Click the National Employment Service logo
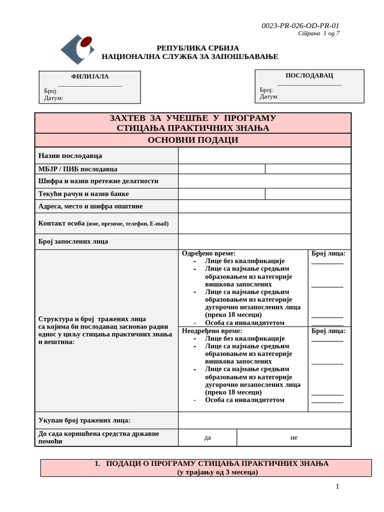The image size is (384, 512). pos(77,49)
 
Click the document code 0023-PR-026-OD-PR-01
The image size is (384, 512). pos(300,26)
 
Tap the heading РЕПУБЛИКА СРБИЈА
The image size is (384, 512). pos(197,48)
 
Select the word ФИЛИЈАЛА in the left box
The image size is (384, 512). pos(90,76)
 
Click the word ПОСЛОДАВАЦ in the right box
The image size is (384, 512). pos(309,75)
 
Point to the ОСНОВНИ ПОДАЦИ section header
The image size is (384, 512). pos(192,140)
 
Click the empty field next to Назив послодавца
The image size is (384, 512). pos(264,155)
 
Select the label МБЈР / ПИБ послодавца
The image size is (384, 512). pos(78,169)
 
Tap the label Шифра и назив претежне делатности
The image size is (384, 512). pos(98,181)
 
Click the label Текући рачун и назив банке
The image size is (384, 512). pos(83,193)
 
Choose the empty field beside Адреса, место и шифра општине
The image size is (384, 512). pos(264,206)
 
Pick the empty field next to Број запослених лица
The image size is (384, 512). pos(264,241)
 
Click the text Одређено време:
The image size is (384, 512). pos(208,253)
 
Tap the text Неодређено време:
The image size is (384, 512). pos(211,330)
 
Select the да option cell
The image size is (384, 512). pos(207,437)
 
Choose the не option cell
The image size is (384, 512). pos(293,437)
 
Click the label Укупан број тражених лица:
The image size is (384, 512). pos(84,420)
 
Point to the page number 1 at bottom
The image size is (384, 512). pos(337,486)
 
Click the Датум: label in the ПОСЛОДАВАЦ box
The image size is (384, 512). pos(269,96)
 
